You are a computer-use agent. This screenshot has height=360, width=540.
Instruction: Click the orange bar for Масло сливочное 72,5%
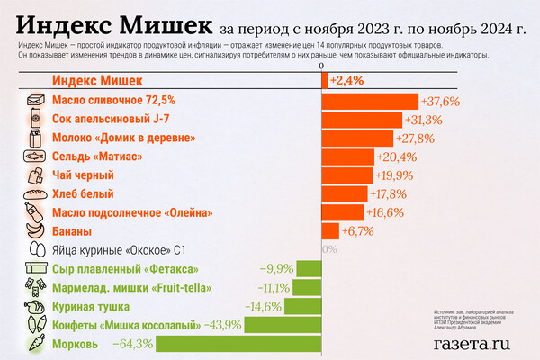[371, 101]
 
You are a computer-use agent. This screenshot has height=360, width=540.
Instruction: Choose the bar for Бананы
[330, 231]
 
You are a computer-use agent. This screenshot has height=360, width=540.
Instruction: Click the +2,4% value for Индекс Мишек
[346, 81]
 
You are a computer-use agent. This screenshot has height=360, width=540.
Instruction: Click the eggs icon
[36, 250]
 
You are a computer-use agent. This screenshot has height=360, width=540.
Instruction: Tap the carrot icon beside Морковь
[36, 343]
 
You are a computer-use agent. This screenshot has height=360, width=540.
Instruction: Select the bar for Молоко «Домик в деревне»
[357, 138]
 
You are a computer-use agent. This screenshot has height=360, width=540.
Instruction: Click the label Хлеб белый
[83, 193]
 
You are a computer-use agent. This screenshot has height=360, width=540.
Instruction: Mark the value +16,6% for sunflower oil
[383, 212]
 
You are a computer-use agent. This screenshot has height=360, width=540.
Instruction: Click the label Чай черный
[83, 175]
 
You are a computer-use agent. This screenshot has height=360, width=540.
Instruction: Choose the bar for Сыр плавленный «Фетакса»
[310, 268]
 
